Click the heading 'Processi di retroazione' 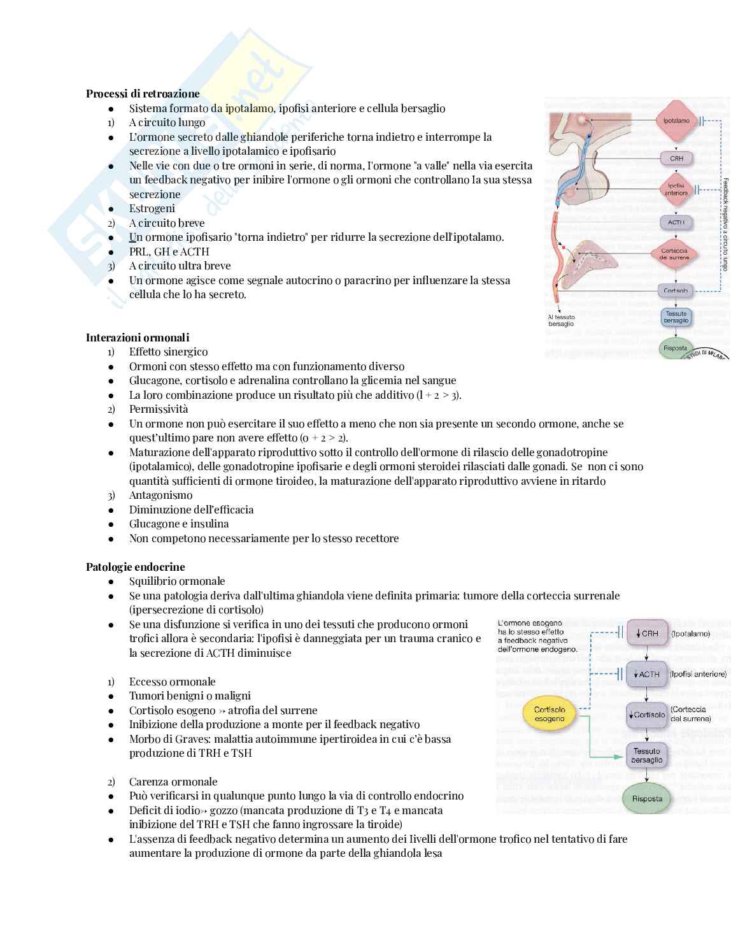point(143,94)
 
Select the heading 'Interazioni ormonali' point(138,338)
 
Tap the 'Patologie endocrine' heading point(136,567)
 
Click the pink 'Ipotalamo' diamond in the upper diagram point(676,120)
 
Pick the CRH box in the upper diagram point(676,158)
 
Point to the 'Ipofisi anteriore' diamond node point(676,189)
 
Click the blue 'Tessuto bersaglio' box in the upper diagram point(676,317)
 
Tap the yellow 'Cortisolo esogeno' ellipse point(550,714)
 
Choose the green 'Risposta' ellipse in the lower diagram point(647,799)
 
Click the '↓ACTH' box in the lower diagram point(647,674)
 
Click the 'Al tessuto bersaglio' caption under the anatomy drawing point(561,320)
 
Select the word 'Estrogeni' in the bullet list point(152,208)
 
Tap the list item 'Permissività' point(159,409)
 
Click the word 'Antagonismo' point(161,495)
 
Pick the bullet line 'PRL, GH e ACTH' point(169,252)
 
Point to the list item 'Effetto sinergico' point(168,352)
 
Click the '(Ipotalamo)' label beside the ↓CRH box point(690,634)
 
